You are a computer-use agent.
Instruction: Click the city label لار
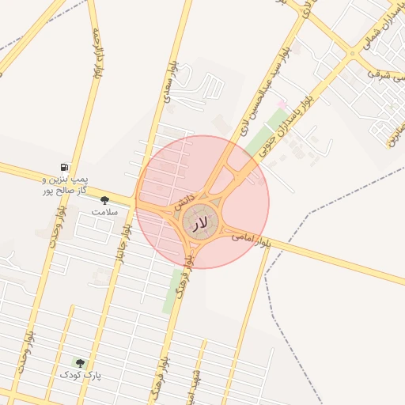click(x=199, y=225)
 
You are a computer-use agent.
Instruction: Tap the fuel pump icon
click(x=62, y=168)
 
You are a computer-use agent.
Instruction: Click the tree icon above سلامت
click(x=104, y=201)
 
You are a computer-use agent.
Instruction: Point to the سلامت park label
click(x=104, y=212)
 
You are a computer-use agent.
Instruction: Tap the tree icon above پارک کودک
click(x=79, y=361)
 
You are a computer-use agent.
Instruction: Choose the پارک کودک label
click(x=83, y=373)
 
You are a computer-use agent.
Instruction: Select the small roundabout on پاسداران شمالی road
click(x=352, y=53)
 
